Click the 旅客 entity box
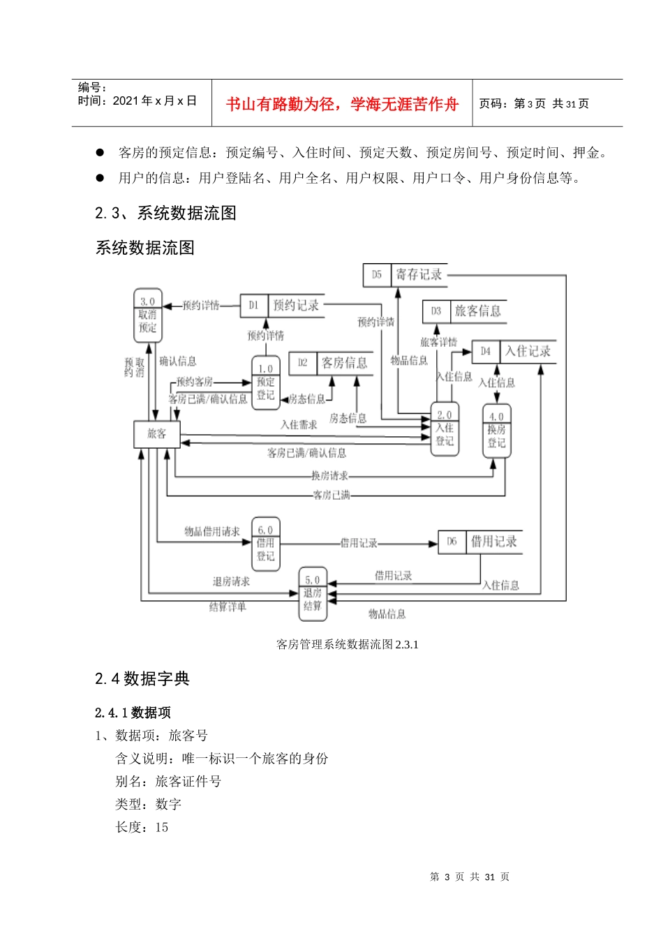click(156, 434)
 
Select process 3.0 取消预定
click(147, 315)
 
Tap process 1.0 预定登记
click(265, 382)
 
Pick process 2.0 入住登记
click(445, 429)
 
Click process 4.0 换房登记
click(496, 431)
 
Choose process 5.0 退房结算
click(313, 593)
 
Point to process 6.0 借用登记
click(265, 544)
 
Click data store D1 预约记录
click(282, 305)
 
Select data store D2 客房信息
click(331, 363)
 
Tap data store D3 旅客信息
click(464, 311)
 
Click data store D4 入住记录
click(514, 351)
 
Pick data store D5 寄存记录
click(405, 275)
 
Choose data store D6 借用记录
click(480, 542)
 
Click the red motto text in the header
click(342, 104)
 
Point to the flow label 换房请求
click(329, 476)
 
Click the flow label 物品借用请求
click(211, 532)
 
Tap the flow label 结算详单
click(228, 607)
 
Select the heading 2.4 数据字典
click(142, 678)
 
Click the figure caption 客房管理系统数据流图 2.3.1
click(348, 644)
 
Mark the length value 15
click(162, 828)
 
